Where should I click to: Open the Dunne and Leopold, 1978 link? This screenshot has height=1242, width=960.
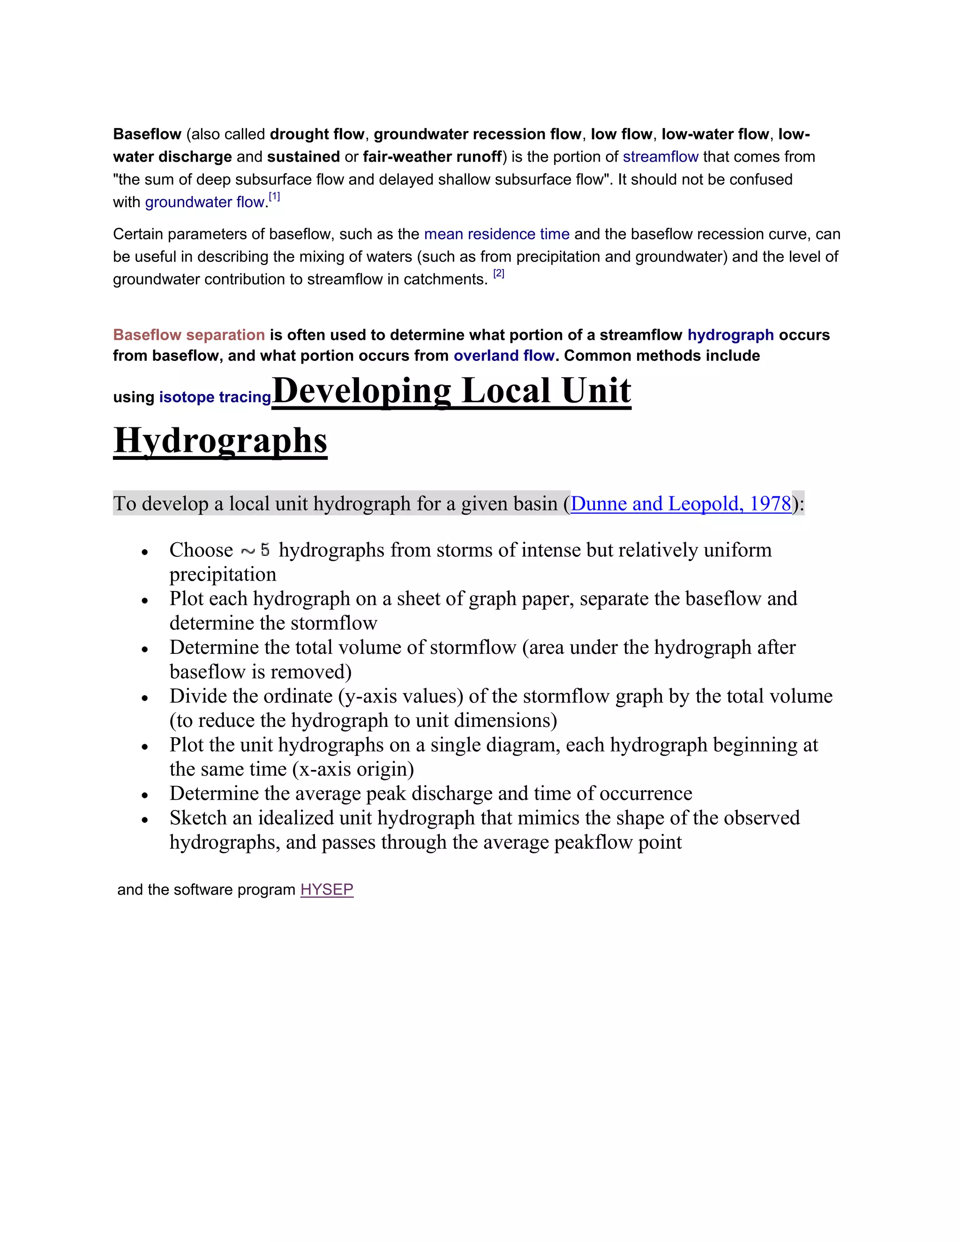(681, 504)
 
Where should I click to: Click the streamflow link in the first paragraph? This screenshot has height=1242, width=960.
(660, 157)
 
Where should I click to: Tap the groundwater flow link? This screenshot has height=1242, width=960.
(205, 202)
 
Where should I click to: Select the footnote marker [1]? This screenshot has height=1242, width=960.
(274, 197)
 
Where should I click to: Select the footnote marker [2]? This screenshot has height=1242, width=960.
(499, 274)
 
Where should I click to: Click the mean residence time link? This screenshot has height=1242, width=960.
(496, 234)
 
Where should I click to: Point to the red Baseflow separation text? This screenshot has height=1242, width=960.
(189, 335)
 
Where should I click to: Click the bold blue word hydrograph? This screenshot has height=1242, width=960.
(730, 335)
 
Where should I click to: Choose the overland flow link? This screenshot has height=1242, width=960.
(503, 356)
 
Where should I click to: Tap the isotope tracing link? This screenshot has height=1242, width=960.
(215, 397)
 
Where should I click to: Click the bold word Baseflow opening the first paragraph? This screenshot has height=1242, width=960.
(147, 134)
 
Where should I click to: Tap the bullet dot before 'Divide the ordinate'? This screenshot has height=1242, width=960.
(145, 698)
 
